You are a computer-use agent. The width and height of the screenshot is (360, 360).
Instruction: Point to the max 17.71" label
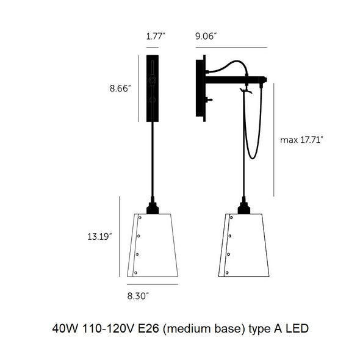click(x=301, y=140)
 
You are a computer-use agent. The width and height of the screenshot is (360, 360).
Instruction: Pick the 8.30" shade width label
click(x=137, y=295)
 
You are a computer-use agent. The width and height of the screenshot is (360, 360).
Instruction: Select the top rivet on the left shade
click(x=140, y=217)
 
